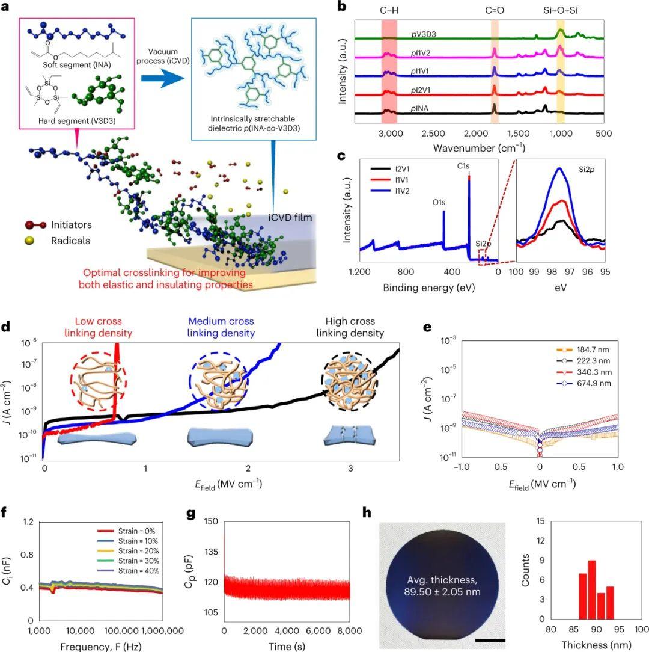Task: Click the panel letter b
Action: pos(341,7)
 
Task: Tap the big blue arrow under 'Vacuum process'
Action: pos(161,77)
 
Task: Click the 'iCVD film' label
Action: pos(290,217)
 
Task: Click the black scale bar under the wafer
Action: pos(489,641)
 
